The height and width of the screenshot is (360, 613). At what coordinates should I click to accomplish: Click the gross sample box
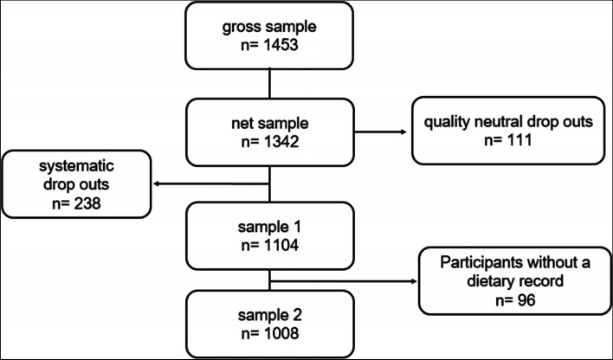[270, 35]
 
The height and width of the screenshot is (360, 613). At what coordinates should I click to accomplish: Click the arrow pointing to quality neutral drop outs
[381, 132]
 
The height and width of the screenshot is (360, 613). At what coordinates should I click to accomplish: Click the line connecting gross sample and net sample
[270, 84]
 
